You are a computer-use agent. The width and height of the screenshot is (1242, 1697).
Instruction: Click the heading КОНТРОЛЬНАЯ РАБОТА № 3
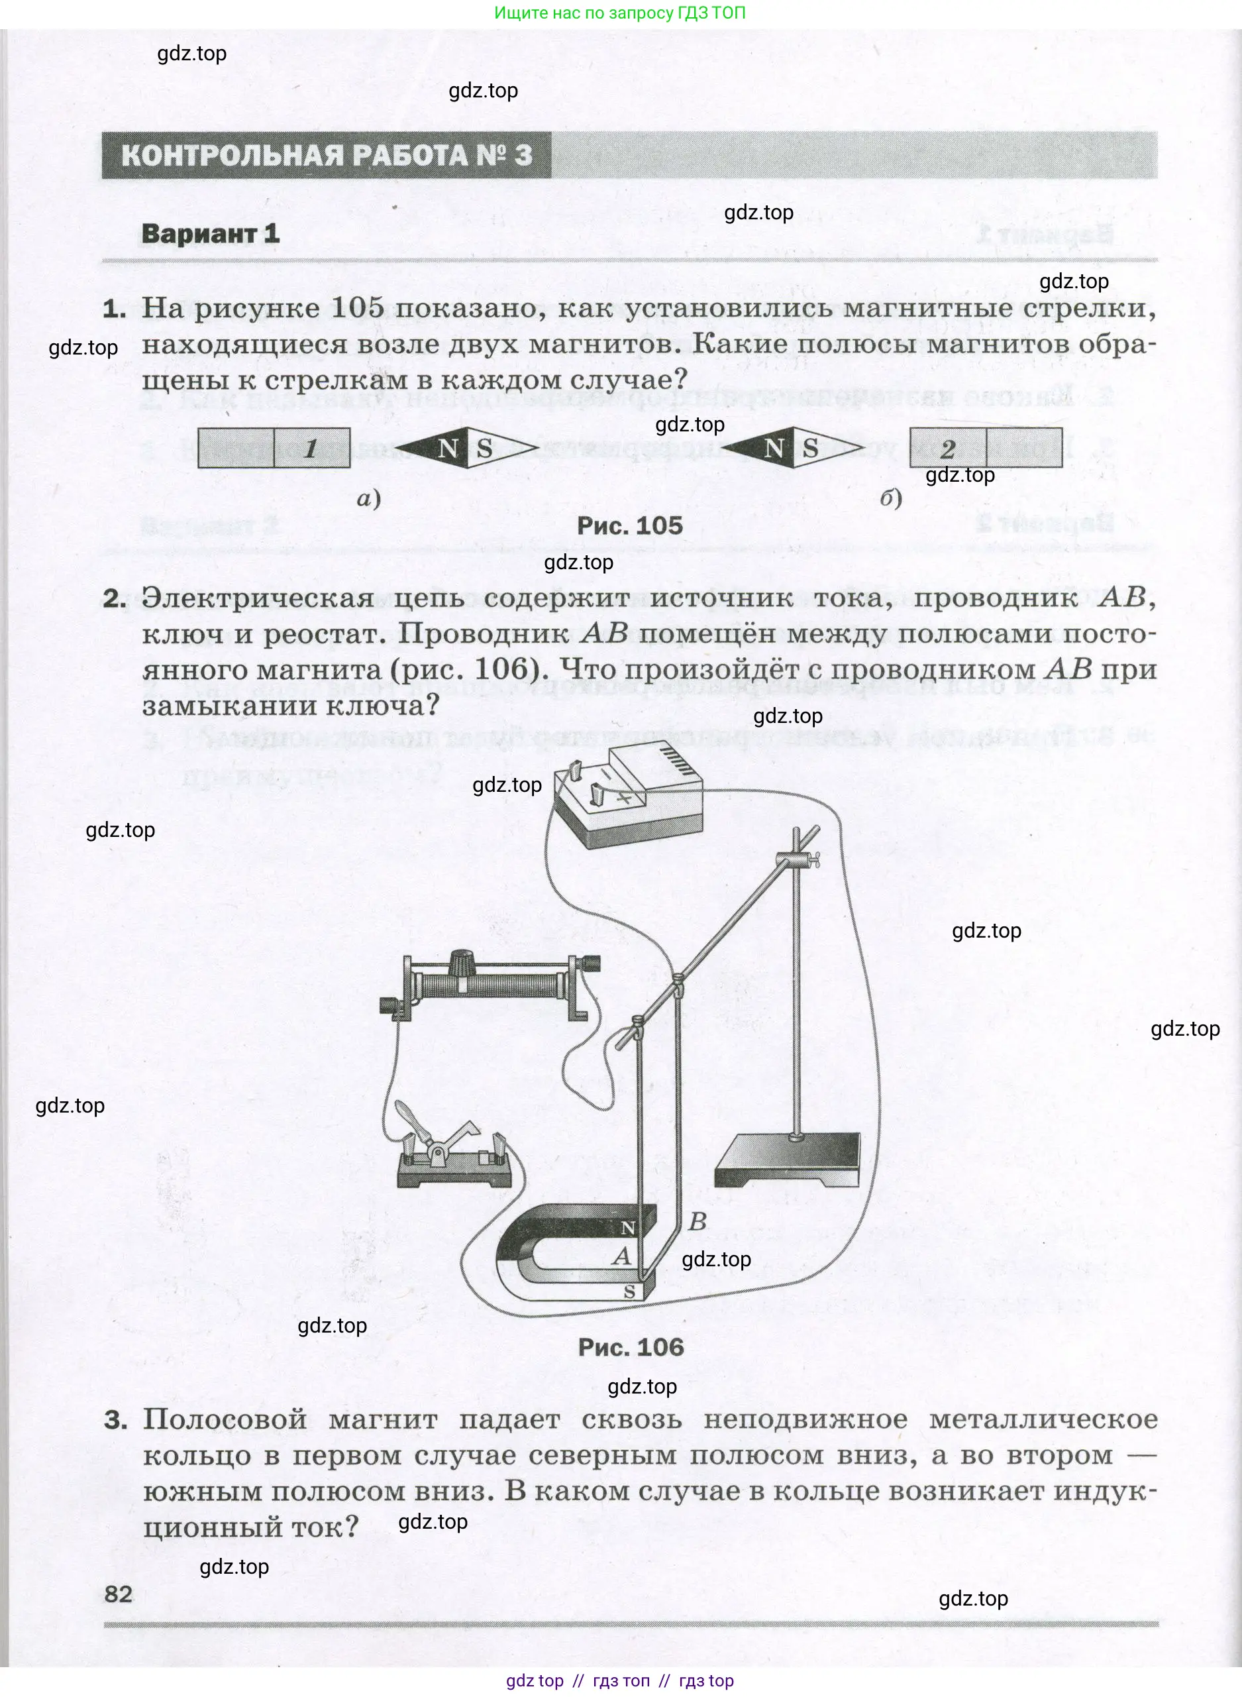tap(327, 156)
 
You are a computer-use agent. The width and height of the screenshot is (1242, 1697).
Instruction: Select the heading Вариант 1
tap(211, 233)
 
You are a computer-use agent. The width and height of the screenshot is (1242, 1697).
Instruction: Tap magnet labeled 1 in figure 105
tap(274, 448)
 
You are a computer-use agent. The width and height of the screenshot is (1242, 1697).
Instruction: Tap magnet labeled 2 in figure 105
tap(985, 448)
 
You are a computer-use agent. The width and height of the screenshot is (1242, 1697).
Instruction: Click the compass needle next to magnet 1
tap(466, 449)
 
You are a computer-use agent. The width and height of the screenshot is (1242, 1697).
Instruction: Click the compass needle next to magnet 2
tap(792, 449)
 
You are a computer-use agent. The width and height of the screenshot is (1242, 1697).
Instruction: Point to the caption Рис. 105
tap(629, 525)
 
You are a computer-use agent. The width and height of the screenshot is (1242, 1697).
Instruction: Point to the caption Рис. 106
tap(631, 1346)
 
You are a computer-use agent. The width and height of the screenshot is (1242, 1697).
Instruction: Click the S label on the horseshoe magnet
tap(629, 1291)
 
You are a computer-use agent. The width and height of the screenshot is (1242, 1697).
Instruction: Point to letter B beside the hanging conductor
tap(697, 1221)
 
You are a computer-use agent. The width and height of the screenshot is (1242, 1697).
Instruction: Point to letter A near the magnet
tap(621, 1256)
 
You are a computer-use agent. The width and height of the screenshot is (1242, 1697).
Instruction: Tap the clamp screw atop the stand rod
tap(802, 857)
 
